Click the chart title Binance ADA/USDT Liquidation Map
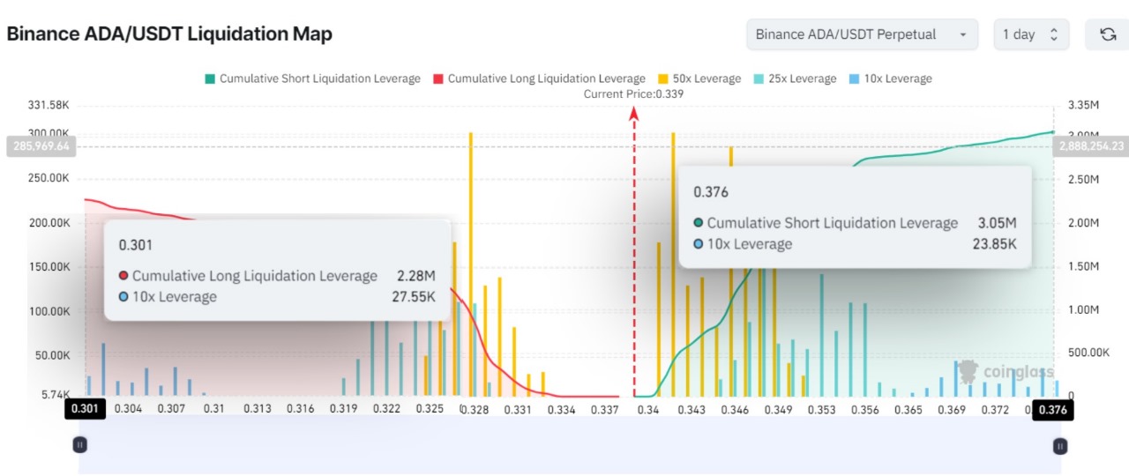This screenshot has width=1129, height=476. point(169,34)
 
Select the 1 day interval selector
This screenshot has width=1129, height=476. point(1030,35)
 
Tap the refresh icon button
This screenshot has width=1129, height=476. point(1107,35)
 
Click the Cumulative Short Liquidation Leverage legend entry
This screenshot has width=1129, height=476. point(312,78)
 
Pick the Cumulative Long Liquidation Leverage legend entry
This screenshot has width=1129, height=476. point(539,78)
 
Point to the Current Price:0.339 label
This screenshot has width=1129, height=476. point(633,93)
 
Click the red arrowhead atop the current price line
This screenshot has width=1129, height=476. point(633,112)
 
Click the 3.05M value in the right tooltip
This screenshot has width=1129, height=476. point(997,223)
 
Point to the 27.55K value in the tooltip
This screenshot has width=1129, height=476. point(414,297)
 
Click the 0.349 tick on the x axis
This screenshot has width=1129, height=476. point(777,410)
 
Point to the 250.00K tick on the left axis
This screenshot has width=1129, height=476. point(49,178)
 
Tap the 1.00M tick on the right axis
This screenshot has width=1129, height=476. point(1084,310)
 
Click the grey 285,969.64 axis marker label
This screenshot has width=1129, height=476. point(41,146)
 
